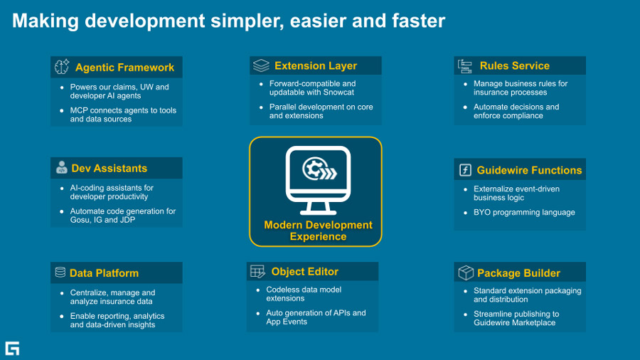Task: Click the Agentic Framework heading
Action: [x=124, y=68]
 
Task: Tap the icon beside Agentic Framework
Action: [x=62, y=68]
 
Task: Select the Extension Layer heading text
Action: [x=316, y=65]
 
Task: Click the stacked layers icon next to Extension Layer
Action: [x=261, y=65]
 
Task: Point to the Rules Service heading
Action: [x=514, y=65]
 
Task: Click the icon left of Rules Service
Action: [x=465, y=65]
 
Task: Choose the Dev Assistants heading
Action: [x=109, y=169]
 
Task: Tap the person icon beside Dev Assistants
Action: [x=61, y=169]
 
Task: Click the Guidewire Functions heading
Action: [x=529, y=170]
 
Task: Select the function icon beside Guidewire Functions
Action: [x=465, y=170]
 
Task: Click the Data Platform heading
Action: [x=104, y=273]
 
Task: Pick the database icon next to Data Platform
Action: [x=60, y=272]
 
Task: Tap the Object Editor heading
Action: [x=304, y=272]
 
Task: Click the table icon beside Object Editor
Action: [x=257, y=272]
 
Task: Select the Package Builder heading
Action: [x=518, y=273]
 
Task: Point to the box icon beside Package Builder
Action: [x=465, y=273]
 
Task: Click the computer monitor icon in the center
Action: [x=318, y=180]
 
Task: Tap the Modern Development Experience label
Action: [x=318, y=231]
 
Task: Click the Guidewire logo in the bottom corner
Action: [x=12, y=348]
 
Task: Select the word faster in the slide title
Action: [x=415, y=21]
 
